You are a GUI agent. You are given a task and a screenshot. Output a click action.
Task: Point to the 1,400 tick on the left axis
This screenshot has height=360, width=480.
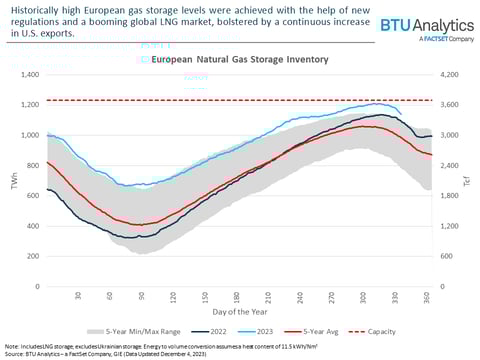point(26,75)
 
